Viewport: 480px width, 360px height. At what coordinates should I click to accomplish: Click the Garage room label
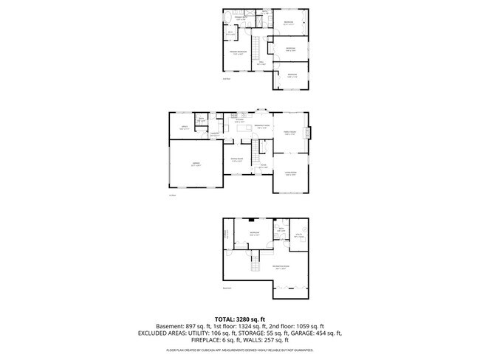click(196, 164)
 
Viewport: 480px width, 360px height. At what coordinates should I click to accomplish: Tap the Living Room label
click(289, 174)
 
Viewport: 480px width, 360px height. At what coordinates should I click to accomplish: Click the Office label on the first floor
click(184, 128)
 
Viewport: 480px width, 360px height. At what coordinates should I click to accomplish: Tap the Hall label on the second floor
click(261, 63)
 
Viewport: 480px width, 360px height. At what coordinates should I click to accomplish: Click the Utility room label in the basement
click(299, 237)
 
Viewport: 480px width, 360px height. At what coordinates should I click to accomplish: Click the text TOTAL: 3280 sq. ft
click(239, 318)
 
